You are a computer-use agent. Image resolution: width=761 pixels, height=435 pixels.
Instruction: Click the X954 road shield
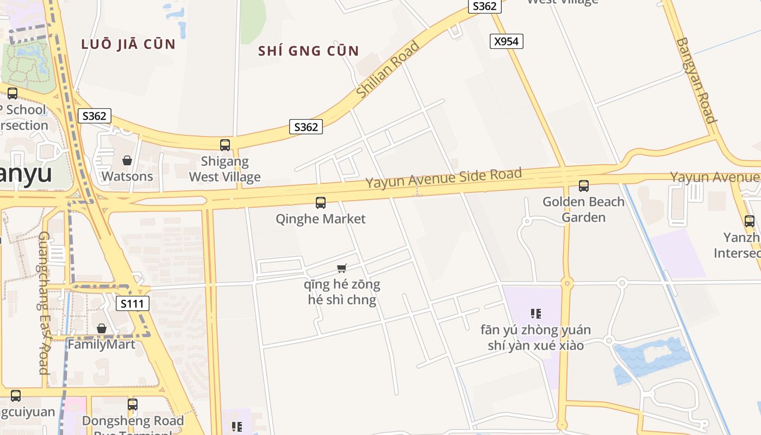click(x=506, y=41)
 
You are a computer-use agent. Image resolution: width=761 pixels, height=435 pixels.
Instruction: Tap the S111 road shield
click(x=133, y=303)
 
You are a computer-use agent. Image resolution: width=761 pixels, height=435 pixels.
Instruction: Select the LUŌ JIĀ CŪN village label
click(x=128, y=44)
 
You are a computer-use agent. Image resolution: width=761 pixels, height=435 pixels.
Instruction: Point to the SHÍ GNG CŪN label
click(x=308, y=51)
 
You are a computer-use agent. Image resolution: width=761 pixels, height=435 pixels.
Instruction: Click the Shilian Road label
click(x=388, y=70)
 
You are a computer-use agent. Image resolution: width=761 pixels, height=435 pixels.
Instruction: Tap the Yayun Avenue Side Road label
click(x=444, y=178)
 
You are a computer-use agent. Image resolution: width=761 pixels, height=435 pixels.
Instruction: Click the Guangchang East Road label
click(x=44, y=303)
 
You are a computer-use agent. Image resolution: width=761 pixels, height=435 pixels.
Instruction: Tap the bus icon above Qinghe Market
click(x=321, y=203)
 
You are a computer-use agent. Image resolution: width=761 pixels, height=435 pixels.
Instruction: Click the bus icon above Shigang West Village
click(x=225, y=145)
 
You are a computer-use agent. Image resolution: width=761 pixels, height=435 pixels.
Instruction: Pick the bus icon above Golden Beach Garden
click(x=584, y=186)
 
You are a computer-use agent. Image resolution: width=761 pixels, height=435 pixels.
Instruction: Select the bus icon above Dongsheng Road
click(x=133, y=405)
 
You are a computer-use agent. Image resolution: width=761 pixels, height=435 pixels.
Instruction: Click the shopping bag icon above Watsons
click(x=127, y=160)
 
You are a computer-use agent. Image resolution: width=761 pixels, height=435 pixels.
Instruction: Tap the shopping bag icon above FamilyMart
click(x=102, y=328)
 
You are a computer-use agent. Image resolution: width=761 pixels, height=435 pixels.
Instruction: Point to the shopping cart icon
click(x=342, y=268)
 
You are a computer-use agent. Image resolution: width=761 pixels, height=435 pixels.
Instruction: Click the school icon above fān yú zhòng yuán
click(x=536, y=314)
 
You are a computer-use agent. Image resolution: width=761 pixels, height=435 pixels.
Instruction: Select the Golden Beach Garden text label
click(x=583, y=209)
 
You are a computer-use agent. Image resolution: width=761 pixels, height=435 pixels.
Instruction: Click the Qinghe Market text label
click(x=321, y=219)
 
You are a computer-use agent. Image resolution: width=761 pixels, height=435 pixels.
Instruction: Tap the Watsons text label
click(x=127, y=176)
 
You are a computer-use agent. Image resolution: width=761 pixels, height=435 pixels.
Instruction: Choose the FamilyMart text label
click(x=102, y=344)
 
